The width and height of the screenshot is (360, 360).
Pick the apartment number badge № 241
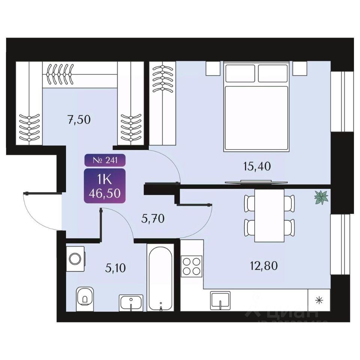click(x=105, y=160)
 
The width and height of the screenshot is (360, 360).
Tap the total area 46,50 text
click(x=105, y=193)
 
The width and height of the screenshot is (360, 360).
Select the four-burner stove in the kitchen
click(x=192, y=266)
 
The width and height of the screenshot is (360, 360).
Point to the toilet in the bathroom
click(x=85, y=299)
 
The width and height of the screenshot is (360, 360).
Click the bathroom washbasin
click(x=131, y=302)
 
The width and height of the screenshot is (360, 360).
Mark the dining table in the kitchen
click(x=269, y=215)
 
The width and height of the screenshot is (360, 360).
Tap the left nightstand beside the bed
click(x=212, y=68)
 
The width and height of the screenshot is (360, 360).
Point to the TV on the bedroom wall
click(x=256, y=182)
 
